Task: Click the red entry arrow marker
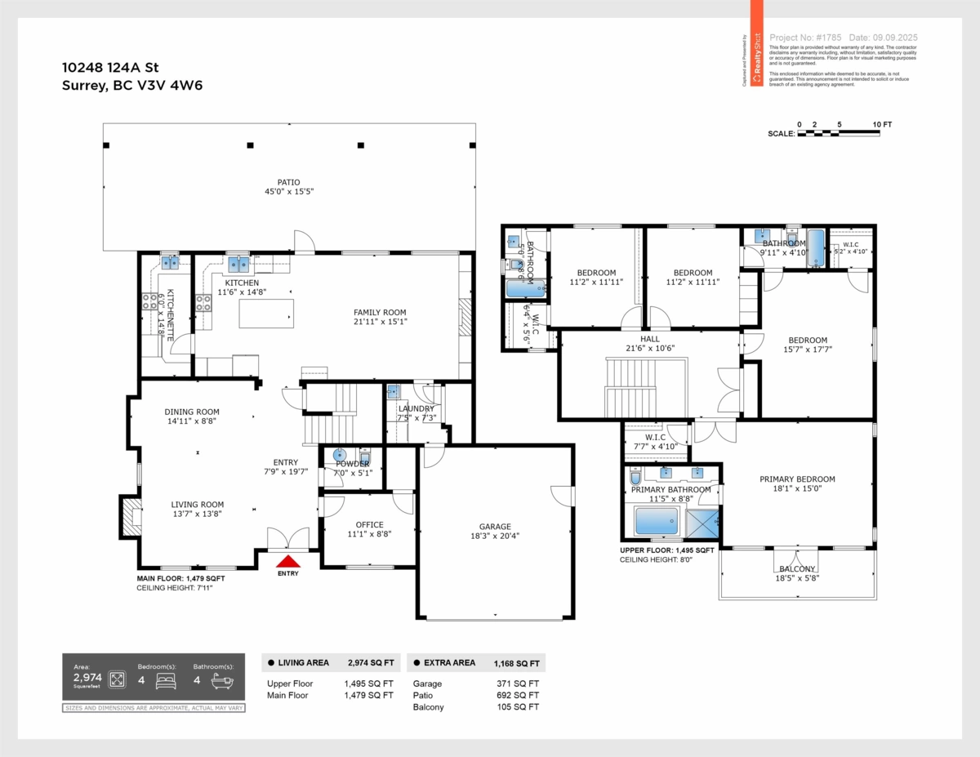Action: pos(287,561)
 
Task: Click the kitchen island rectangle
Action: pos(266,314)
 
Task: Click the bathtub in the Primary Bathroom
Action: pos(657,520)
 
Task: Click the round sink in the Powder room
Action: pos(341,455)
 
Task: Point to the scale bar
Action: pos(838,133)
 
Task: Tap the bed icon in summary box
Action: pos(167,679)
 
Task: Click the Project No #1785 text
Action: pos(804,38)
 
